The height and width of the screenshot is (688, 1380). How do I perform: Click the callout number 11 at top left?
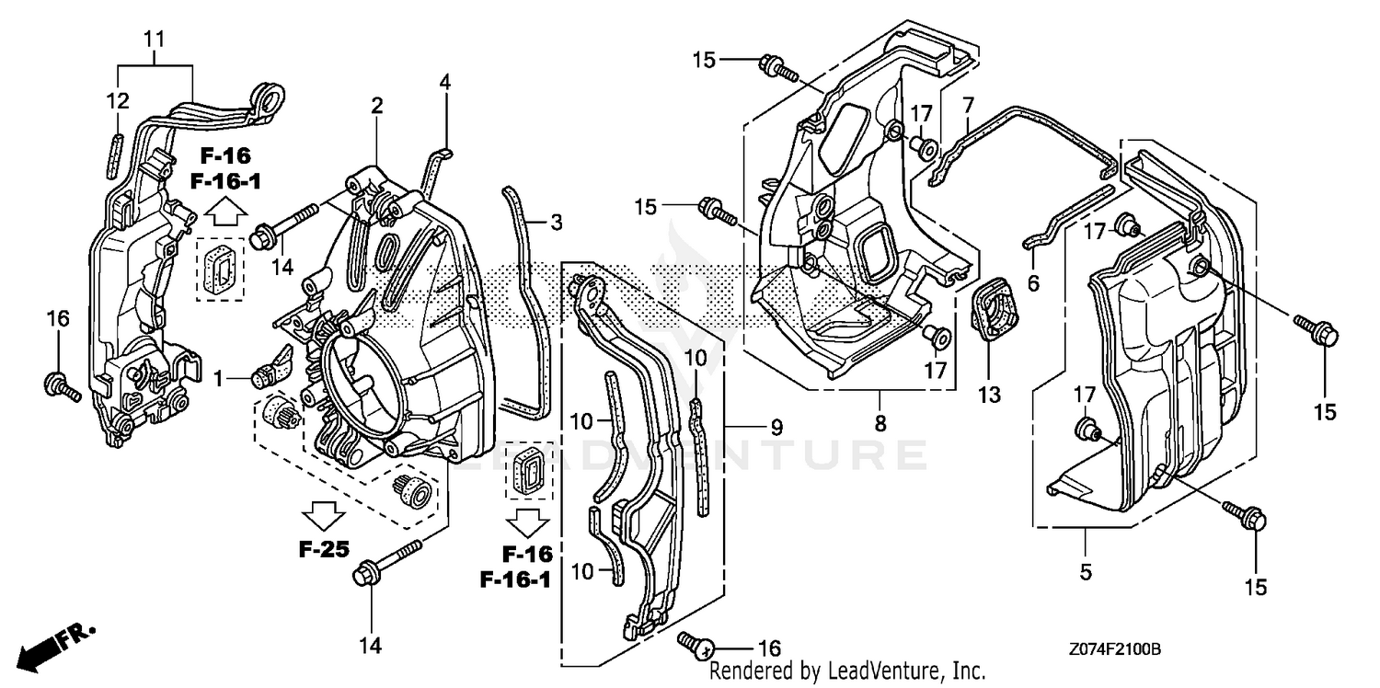pyautogui.click(x=155, y=40)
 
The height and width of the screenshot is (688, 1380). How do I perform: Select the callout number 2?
pyautogui.click(x=376, y=107)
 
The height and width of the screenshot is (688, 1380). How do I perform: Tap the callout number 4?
pyautogui.click(x=444, y=82)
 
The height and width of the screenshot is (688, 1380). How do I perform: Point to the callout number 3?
pyautogui.click(x=556, y=222)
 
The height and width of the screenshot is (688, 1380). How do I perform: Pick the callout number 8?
pyautogui.click(x=880, y=424)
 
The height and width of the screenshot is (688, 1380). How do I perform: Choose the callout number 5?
pyautogui.click(x=1086, y=572)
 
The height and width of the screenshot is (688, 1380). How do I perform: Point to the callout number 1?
pyautogui.click(x=218, y=377)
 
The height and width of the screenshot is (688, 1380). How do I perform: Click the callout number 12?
pyautogui.click(x=119, y=101)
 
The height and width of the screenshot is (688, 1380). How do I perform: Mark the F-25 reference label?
pyautogui.click(x=323, y=550)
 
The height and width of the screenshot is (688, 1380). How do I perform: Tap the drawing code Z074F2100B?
pyautogui.click(x=1114, y=649)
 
